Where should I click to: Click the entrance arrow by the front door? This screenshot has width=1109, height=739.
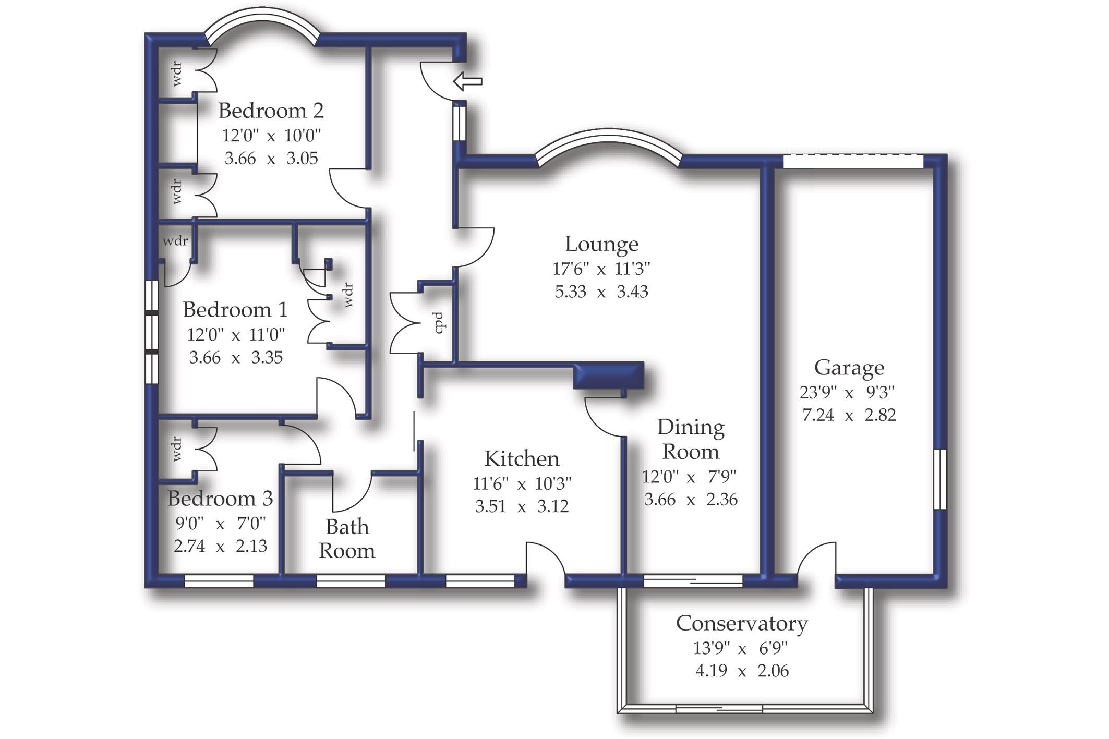tap(467, 81)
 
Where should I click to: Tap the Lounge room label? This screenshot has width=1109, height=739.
tap(601, 244)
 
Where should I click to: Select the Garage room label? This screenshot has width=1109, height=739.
tap(849, 368)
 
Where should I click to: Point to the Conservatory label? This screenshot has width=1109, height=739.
tap(741, 624)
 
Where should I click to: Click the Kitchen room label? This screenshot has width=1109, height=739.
tap(521, 459)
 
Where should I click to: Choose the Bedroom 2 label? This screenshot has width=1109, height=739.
tap(271, 111)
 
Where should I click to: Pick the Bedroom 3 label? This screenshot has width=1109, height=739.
tap(220, 499)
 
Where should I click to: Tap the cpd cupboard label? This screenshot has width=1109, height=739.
tap(439, 323)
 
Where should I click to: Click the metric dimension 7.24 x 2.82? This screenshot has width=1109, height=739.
tap(849, 415)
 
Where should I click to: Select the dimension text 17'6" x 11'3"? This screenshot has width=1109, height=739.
tap(601, 269)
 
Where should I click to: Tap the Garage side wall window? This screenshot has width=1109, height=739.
tap(939, 479)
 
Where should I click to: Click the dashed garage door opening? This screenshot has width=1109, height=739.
tap(853, 161)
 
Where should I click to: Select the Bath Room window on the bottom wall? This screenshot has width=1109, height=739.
tap(351, 581)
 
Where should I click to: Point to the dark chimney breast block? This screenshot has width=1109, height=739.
tap(608, 375)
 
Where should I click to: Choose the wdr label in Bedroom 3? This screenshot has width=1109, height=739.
tap(177, 449)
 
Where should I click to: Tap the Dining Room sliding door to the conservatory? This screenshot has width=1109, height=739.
tap(693, 580)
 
